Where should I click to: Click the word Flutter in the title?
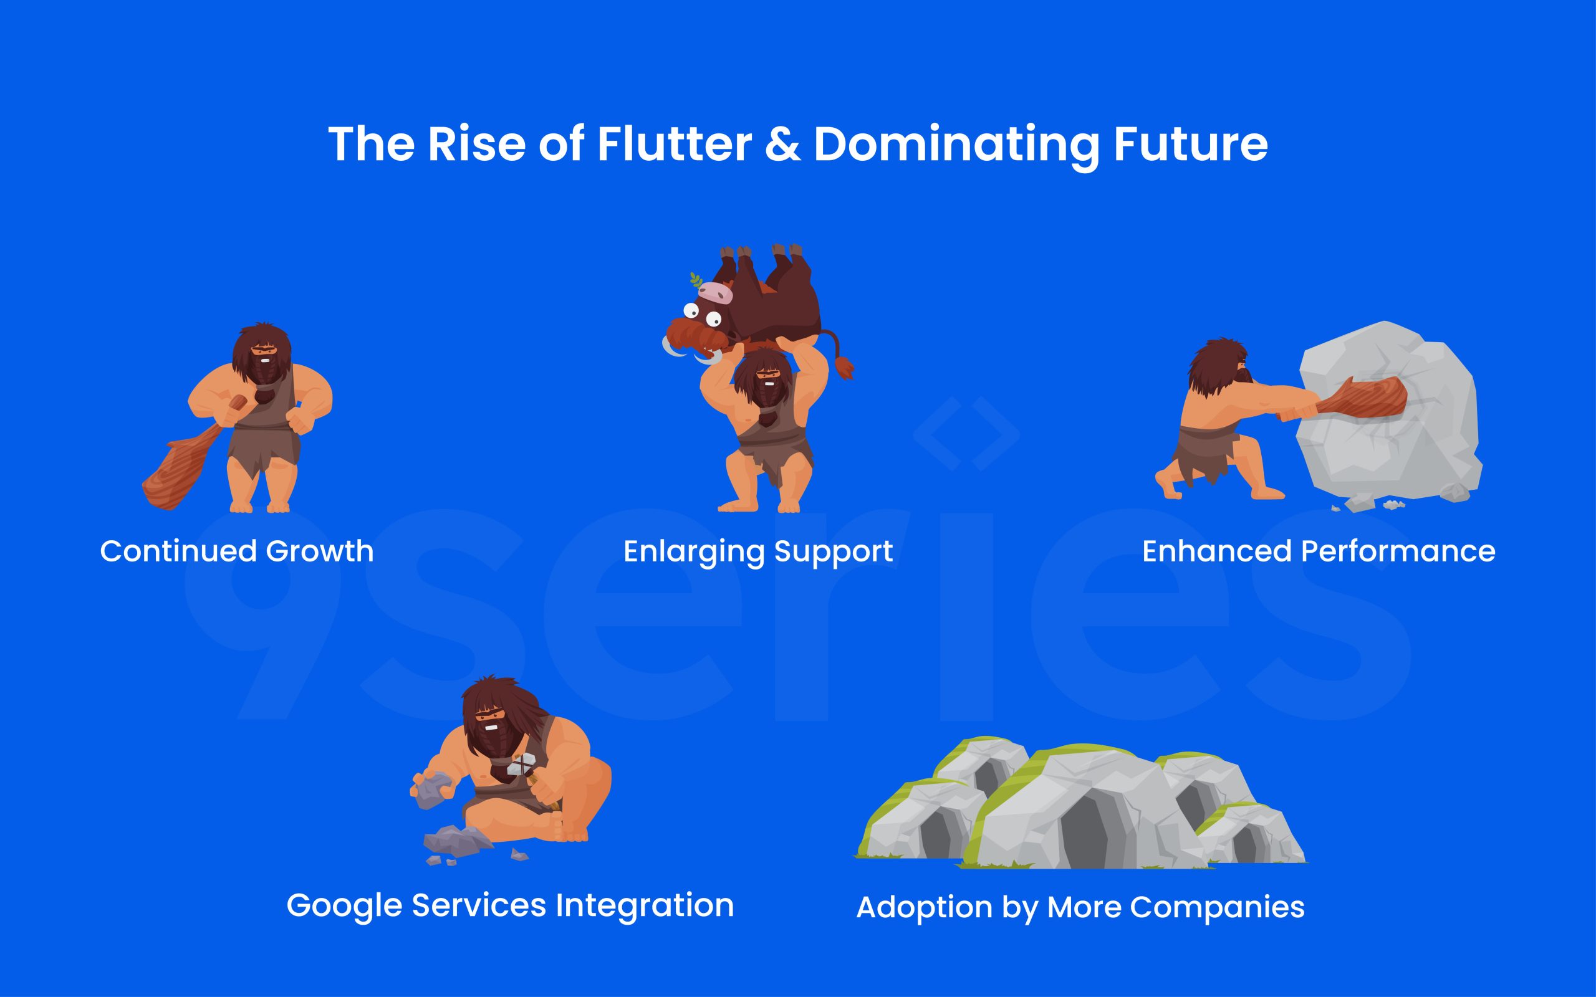coord(674,144)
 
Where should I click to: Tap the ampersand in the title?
coord(783,145)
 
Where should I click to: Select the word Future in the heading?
coord(1190,144)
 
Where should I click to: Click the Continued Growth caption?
coord(237,551)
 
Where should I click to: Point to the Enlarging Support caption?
coord(757,551)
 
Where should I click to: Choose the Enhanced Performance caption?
coord(1319,551)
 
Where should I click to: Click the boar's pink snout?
coord(716,291)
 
